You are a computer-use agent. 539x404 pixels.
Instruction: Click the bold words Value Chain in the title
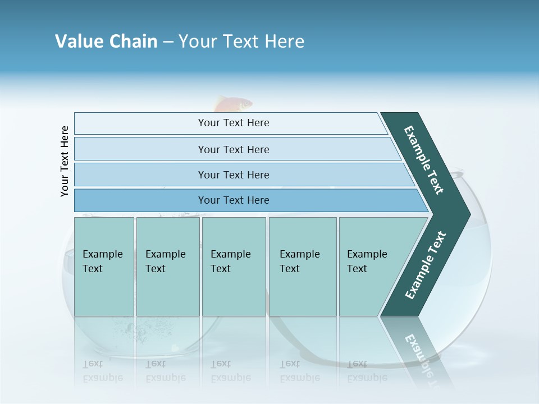pyautogui.click(x=106, y=42)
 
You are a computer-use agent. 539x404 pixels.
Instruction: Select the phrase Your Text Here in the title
pyautogui.click(x=241, y=42)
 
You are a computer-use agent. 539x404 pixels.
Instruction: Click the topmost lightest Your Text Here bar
pyautogui.click(x=233, y=123)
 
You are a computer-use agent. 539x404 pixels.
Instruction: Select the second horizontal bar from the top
pyautogui.click(x=233, y=149)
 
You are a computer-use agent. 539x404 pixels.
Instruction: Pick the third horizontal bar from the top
pyautogui.click(x=233, y=175)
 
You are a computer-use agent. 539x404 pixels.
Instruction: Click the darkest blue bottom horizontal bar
pyautogui.click(x=233, y=200)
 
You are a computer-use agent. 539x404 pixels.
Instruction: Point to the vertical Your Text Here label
pyautogui.click(x=65, y=161)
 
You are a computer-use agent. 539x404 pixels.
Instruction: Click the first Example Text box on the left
pyautogui.click(x=104, y=267)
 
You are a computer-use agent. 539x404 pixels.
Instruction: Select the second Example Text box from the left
pyautogui.click(x=167, y=267)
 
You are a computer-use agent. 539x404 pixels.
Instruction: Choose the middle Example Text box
pyautogui.click(x=234, y=267)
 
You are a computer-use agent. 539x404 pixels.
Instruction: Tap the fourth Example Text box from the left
pyautogui.click(x=302, y=267)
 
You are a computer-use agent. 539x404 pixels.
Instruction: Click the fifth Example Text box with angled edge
pyautogui.click(x=371, y=267)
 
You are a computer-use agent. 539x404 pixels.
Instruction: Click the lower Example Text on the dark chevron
pyautogui.click(x=426, y=265)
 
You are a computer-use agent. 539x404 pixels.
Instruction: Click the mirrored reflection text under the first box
pyautogui.click(x=103, y=371)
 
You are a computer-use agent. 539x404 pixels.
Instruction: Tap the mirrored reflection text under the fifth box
pyautogui.click(x=367, y=371)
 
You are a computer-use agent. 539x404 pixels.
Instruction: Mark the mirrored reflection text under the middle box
pyautogui.click(x=231, y=371)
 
